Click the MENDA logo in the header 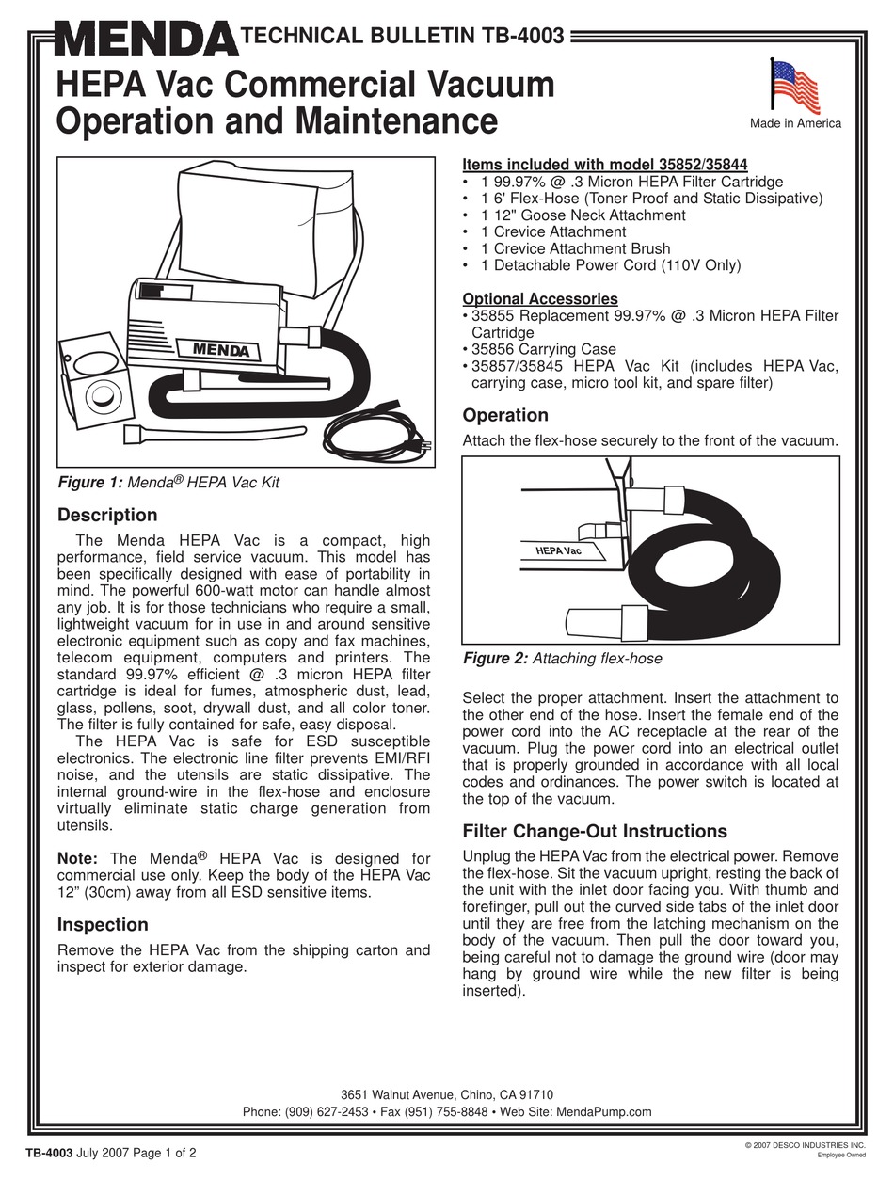[146, 40]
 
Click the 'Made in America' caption [795, 123]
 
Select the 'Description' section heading [107, 515]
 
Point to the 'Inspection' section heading [103, 924]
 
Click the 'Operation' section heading [505, 415]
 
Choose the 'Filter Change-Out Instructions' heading [595, 831]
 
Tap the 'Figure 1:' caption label [90, 483]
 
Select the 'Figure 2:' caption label [496, 659]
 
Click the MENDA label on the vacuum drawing [221, 350]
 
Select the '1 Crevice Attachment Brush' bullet [575, 248]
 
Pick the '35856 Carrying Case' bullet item [542, 349]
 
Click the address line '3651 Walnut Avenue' [396, 1094]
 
